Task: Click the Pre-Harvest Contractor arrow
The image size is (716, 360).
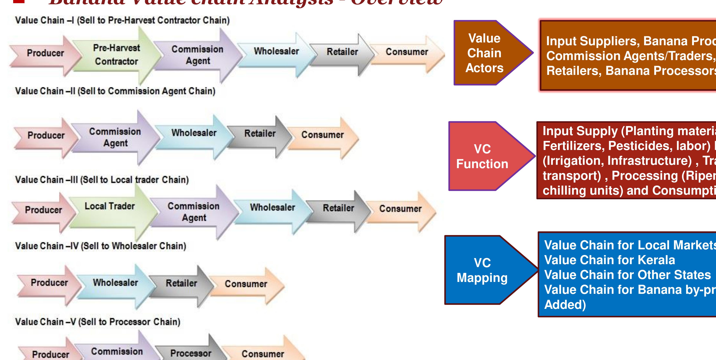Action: (116, 55)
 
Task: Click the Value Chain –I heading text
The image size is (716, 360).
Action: (122, 20)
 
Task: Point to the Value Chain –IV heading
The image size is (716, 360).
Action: (101, 246)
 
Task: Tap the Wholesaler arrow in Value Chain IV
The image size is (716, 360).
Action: (115, 283)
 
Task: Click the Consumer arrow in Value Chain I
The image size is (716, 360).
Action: (407, 52)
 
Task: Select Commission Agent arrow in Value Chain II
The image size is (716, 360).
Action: (115, 137)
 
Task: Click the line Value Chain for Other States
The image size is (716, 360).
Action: (627, 275)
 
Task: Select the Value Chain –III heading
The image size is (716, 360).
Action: (102, 180)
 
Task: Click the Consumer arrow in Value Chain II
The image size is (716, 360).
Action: (322, 135)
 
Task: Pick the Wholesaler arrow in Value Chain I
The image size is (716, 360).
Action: (276, 51)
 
